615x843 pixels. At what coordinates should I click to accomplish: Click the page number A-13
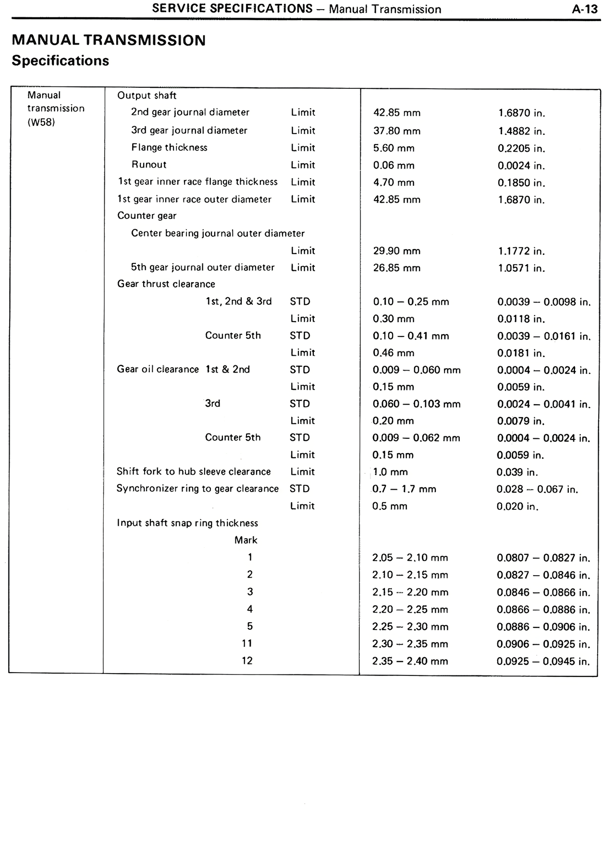[585, 9]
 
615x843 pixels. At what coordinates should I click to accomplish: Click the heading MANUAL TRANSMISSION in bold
[109, 40]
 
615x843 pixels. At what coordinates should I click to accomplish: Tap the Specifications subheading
[60, 61]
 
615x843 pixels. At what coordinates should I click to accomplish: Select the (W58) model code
[41, 122]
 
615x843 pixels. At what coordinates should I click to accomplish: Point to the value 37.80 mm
[396, 131]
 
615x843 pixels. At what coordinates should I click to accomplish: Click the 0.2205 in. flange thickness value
[521, 148]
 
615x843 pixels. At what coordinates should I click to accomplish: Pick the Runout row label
[149, 165]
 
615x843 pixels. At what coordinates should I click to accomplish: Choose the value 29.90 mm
[396, 251]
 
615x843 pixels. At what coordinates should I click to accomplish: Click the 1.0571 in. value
[521, 268]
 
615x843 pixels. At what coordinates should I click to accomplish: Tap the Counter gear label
[147, 216]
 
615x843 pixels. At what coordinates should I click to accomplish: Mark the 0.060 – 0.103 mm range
[417, 404]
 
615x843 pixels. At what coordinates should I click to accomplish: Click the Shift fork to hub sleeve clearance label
[194, 472]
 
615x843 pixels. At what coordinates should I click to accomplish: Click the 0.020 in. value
[517, 506]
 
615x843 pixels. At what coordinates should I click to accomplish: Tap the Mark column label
[246, 541]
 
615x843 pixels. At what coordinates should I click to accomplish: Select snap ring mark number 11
[247, 644]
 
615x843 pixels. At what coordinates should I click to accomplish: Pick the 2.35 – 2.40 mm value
[410, 662]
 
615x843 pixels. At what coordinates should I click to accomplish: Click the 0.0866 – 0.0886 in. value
[543, 610]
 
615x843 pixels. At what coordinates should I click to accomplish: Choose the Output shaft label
[147, 96]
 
